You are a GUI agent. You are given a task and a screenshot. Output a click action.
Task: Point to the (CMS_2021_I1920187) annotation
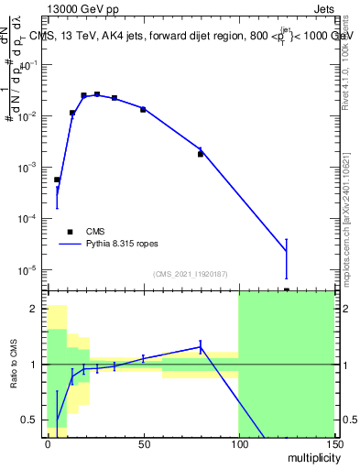pyautogui.click(x=191, y=273)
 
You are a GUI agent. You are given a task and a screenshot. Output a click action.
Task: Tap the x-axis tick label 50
pyautogui.click(x=143, y=442)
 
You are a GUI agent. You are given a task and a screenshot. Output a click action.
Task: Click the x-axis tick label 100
pyautogui.click(x=238, y=442)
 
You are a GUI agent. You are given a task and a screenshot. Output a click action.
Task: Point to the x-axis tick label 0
pyautogui.click(x=48, y=442)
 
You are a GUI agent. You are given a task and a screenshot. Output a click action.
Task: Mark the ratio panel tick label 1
pyautogui.click(x=34, y=365)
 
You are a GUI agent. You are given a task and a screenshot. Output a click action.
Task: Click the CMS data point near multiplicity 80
pyautogui.click(x=201, y=154)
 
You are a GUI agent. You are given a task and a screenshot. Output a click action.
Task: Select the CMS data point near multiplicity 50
pyautogui.click(x=143, y=110)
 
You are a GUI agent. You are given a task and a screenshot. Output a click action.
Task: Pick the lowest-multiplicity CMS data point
pyautogui.click(x=57, y=180)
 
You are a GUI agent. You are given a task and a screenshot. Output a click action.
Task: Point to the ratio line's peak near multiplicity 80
pyautogui.click(x=201, y=347)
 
